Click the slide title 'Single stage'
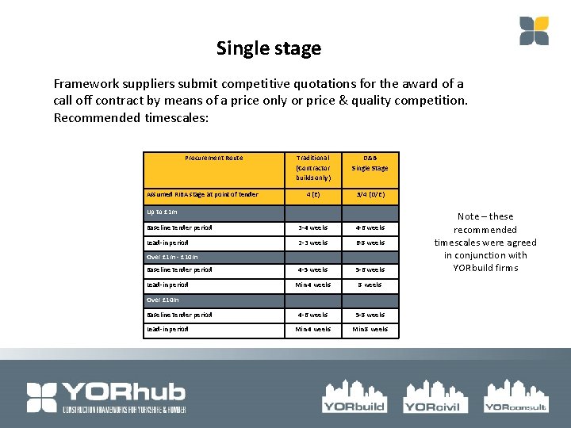269,48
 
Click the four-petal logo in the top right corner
534,30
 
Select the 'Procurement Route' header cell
214,159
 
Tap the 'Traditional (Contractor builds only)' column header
312,167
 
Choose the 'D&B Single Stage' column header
370,163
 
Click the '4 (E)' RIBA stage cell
312,194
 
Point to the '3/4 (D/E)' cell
370,194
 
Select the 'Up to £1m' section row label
162,212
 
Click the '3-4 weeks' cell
312,228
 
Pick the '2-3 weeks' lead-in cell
312,243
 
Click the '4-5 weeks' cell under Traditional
312,270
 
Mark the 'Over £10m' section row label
163,300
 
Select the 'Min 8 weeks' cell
370,329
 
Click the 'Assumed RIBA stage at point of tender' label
202,194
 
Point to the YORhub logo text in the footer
123,392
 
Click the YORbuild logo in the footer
354,396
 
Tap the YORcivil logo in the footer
431,396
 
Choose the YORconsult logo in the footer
515,396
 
